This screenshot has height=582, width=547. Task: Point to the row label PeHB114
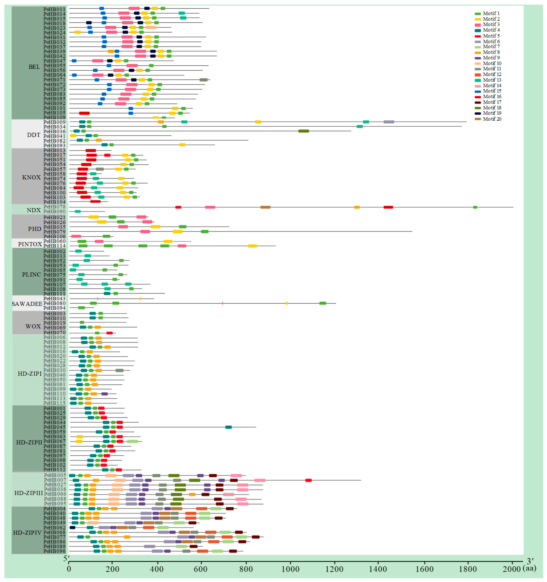54,246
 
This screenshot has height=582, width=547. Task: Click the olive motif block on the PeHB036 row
303,131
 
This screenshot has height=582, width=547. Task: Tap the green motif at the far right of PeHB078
475,207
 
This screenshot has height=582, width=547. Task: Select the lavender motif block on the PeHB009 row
389,122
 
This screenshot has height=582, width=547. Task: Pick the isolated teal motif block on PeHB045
228,427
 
